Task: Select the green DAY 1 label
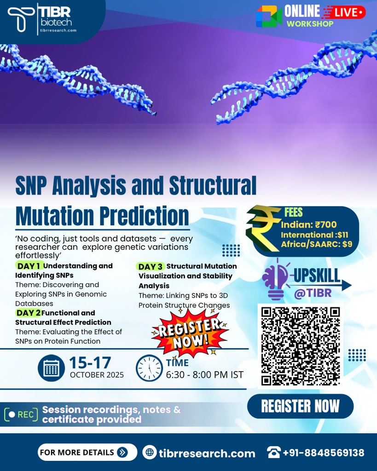pos(29,266)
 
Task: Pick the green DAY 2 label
pos(28,313)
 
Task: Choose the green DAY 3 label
pos(151,266)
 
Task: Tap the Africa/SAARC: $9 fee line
pos(316,244)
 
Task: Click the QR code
pos(300,345)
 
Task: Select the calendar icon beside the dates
pos(51,368)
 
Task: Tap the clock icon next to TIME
pos(149,368)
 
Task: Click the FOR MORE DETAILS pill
pos(87,452)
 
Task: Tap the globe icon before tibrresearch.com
pos(150,453)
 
